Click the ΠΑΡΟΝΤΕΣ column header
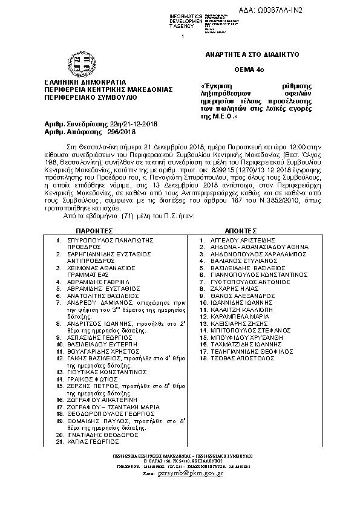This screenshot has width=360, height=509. point(94,231)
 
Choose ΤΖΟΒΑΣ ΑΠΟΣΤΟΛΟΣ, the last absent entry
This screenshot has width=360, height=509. point(238,358)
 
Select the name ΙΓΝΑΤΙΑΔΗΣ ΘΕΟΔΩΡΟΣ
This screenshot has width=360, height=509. point(105,435)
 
